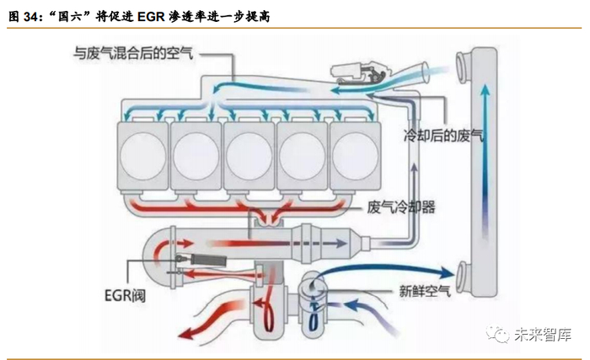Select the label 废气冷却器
click(x=401, y=207)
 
